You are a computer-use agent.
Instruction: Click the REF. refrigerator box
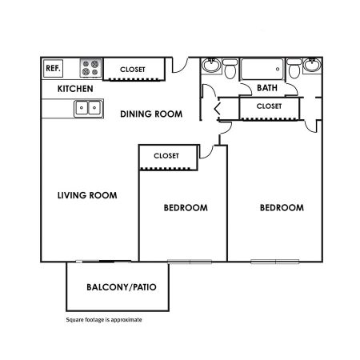tap(53, 68)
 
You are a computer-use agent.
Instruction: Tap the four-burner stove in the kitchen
tap(90, 68)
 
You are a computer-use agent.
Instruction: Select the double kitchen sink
tap(88, 108)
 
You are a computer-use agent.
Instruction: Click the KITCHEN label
tap(75, 89)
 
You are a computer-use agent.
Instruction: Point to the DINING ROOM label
tap(151, 114)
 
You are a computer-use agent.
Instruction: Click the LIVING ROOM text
tap(87, 195)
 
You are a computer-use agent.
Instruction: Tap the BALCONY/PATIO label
tap(122, 287)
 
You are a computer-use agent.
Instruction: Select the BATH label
tap(267, 88)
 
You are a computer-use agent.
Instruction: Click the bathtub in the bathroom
tap(262, 69)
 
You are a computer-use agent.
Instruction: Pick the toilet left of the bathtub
tap(230, 69)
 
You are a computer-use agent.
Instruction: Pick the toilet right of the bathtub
tap(294, 69)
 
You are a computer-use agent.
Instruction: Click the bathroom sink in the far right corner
tap(313, 65)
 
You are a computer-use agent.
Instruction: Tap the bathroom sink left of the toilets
tap(211, 65)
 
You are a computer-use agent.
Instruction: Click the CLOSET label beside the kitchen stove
tap(133, 70)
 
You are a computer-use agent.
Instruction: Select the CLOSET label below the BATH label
tap(269, 106)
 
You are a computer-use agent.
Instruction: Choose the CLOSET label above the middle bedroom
tap(166, 156)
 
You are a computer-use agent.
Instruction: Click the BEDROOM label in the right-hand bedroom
tap(282, 208)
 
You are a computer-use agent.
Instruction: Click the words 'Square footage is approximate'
tap(104, 320)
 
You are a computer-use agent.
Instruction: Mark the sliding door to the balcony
tap(103, 262)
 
